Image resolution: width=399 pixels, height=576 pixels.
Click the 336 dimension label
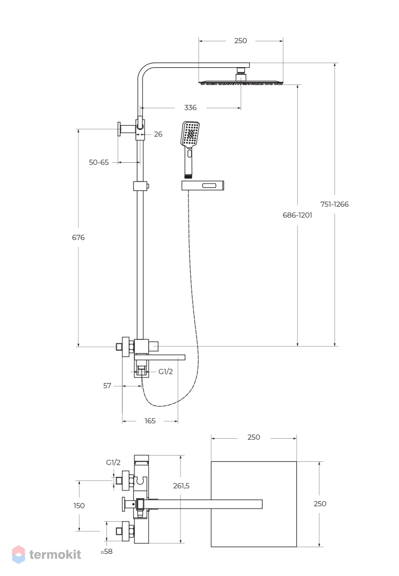click(x=190, y=108)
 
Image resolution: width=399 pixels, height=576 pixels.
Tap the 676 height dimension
click(x=78, y=237)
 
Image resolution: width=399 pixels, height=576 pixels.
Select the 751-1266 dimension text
click(x=335, y=204)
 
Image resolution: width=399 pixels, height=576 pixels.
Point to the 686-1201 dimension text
click(x=297, y=215)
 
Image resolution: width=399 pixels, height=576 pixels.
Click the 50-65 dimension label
click(x=99, y=162)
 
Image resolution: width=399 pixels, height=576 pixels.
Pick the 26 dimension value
click(x=158, y=134)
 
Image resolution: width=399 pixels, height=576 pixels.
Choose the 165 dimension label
click(x=150, y=420)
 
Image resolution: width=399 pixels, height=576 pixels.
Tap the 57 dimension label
click(x=107, y=386)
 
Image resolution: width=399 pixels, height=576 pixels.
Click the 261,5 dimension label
click(x=181, y=486)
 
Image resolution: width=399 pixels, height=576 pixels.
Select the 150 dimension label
click(x=79, y=505)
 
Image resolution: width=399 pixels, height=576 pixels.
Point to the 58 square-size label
click(x=107, y=552)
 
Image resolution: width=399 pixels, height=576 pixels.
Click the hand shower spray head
click(x=190, y=134)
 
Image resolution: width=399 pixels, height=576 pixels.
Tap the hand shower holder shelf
click(x=203, y=186)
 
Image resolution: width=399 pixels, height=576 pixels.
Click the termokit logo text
click(x=55, y=555)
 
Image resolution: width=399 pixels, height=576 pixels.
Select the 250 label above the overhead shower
click(x=241, y=41)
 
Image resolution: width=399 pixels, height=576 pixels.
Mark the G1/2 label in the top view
click(x=113, y=462)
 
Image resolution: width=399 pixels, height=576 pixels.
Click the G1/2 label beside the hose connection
click(x=166, y=372)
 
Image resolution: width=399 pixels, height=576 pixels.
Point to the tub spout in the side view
click(x=160, y=358)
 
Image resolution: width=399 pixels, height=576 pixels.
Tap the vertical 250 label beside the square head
click(x=320, y=504)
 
